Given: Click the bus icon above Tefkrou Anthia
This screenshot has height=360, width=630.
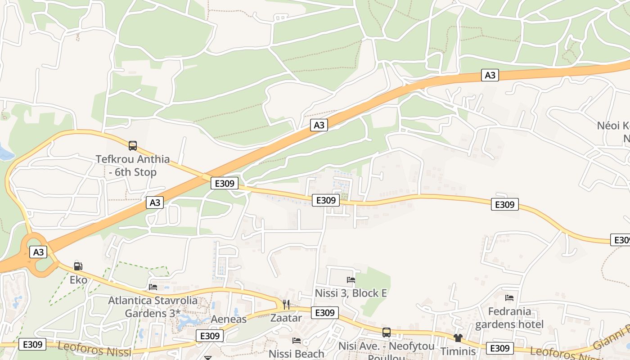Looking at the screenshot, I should tap(132, 146).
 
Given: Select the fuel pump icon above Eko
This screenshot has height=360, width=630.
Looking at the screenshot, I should tap(78, 266).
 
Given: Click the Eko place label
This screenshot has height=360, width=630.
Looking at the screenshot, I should tap(78, 280).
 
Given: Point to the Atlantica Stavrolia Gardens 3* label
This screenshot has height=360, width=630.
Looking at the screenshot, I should tap(153, 306).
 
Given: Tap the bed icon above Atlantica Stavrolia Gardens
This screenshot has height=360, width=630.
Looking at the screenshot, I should tap(153, 287).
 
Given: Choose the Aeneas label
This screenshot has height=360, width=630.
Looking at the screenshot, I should tap(229, 319).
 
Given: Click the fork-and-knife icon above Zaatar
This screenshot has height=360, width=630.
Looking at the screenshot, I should tap(286, 305).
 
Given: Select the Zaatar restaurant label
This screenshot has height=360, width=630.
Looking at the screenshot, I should tap(286, 318).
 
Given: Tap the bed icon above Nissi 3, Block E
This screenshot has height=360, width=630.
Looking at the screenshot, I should tap(351, 280).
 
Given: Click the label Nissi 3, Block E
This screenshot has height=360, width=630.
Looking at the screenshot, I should tap(351, 293).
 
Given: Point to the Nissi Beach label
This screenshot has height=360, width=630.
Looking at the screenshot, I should tap(296, 354).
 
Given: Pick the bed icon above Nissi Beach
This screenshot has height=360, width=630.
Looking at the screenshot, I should tap(296, 341).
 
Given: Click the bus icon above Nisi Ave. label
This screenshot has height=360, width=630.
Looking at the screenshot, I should tap(386, 333).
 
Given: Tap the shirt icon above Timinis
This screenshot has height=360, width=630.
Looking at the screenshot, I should tap(458, 338).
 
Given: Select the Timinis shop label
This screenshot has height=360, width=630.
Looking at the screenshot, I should tap(458, 351).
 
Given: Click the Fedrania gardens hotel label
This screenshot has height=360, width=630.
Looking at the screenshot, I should tap(509, 318).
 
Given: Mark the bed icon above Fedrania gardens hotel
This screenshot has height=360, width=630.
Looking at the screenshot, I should tap(509, 298).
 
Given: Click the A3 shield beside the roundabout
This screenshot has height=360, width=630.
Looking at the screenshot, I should tap(38, 252).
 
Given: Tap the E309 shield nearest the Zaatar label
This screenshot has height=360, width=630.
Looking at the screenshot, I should tap(324, 313).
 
